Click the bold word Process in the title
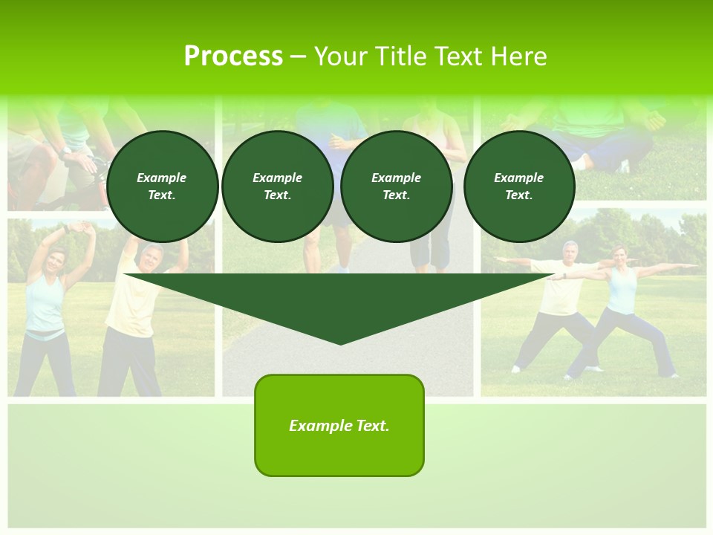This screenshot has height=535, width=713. pos(233,56)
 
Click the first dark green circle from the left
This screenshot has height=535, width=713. pos(162,187)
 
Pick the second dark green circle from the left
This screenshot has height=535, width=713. pos(277,187)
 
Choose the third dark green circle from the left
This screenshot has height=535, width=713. pos(396,187)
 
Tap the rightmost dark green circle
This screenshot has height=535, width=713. pos(518,187)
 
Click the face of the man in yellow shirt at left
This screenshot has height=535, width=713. pos(152,257)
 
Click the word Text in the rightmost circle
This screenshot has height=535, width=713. pos(518,195)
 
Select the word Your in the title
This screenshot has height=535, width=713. pos(341,56)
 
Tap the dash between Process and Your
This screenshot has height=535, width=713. pos(299,56)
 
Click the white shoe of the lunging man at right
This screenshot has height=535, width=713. pos(515,369)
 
